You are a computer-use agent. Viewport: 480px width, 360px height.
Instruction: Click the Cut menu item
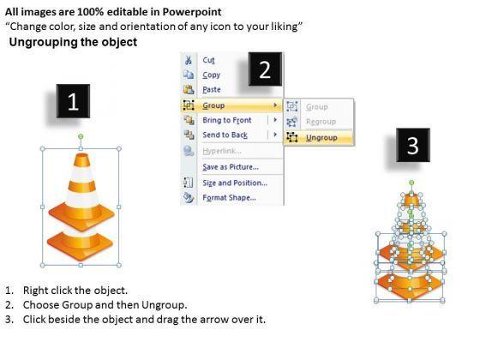pos(208,60)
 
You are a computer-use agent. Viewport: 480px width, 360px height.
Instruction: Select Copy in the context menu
pos(211,75)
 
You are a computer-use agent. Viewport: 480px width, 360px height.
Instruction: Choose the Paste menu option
pos(212,90)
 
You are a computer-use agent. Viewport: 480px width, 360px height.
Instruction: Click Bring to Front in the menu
pos(227,120)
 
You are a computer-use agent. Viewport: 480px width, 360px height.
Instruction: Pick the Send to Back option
pos(225,135)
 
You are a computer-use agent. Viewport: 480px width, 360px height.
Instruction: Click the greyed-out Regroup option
pos(321,122)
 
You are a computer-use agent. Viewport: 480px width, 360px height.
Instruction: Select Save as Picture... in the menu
pos(231,167)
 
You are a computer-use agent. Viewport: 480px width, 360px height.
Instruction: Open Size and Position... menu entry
pos(235,183)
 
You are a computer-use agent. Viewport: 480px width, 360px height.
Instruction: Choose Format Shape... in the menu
pos(230,197)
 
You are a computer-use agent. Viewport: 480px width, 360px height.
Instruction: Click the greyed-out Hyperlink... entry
pos(222,151)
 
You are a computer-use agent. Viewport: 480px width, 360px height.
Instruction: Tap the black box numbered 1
pos(73,101)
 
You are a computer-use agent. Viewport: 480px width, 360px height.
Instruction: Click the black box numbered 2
pos(265,69)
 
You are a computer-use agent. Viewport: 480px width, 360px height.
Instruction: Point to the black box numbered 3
pos(413,145)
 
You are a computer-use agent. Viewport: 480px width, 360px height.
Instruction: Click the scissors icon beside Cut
pos(189,60)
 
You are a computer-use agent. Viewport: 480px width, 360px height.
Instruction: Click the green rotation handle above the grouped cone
pos(81,136)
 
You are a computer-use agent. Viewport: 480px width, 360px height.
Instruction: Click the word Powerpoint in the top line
pos(192,12)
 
